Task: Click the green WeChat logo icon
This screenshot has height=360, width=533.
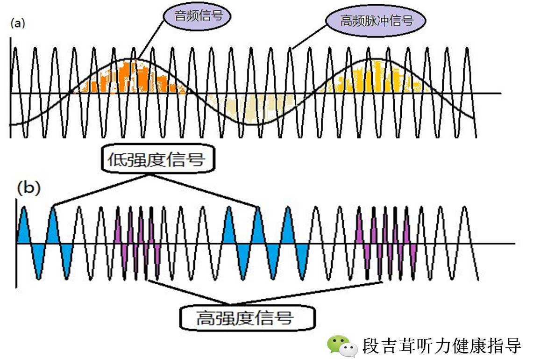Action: point(339,346)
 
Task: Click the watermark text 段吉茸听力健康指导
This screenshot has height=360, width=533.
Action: point(442,346)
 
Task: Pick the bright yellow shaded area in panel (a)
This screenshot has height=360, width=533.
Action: point(374,77)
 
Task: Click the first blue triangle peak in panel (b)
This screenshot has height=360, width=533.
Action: point(23,227)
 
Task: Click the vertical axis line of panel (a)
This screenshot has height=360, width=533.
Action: point(10,89)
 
